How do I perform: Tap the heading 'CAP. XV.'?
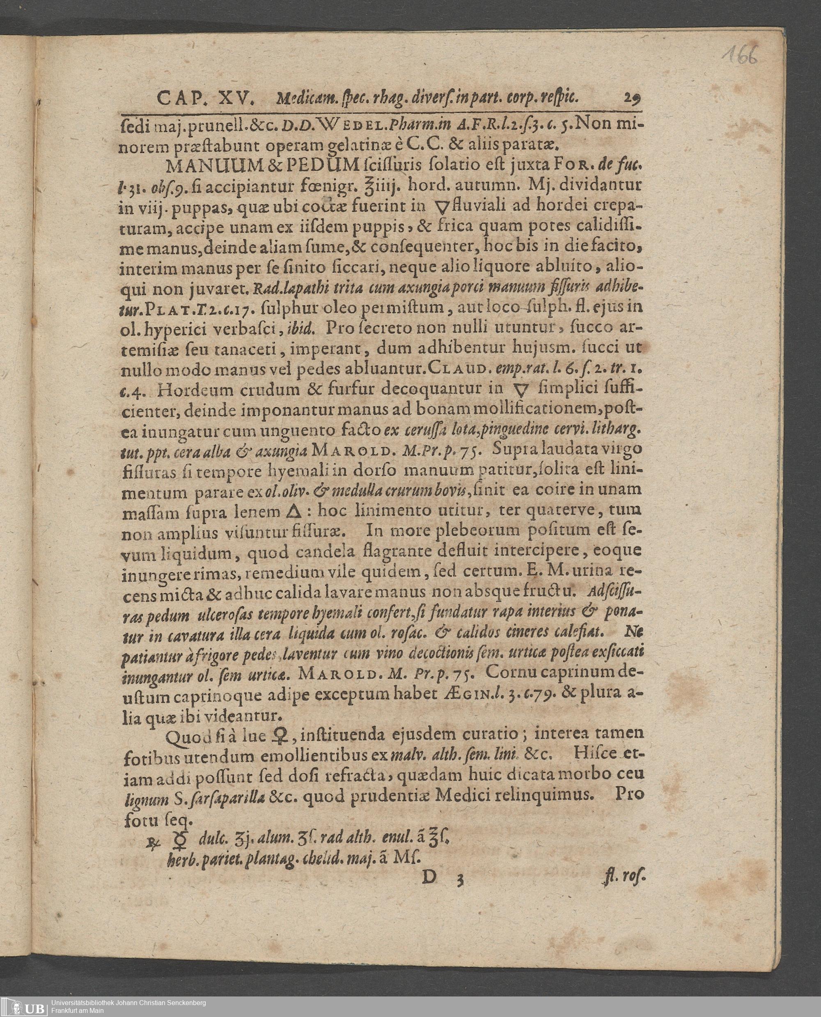[206, 99]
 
